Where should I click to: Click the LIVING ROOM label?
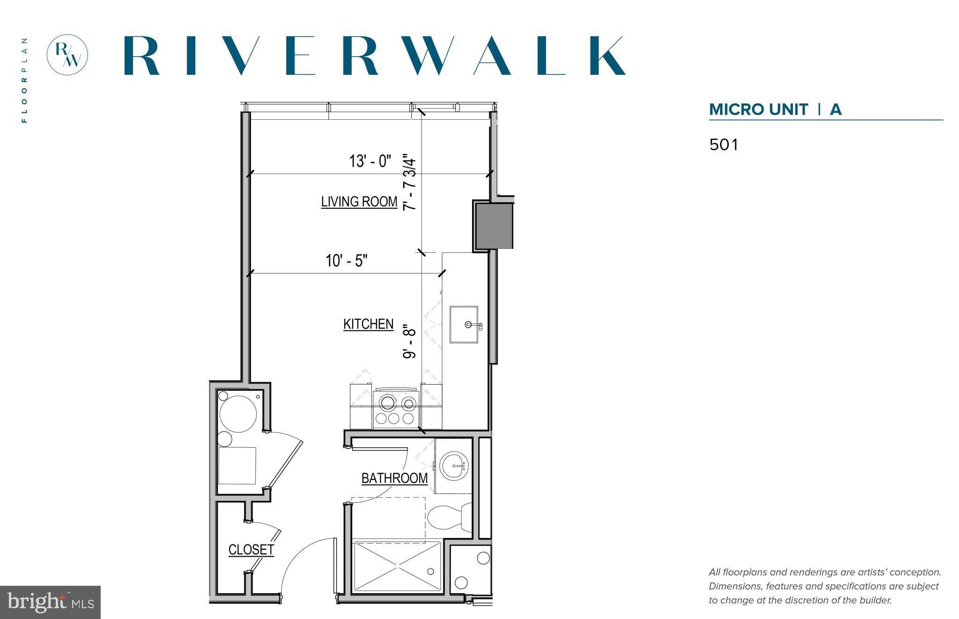359,202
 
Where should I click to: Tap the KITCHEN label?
368,324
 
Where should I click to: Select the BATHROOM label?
394,478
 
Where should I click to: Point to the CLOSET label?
251,549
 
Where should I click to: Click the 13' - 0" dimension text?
369,161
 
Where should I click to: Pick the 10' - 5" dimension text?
347,261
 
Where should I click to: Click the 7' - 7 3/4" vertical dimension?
409,183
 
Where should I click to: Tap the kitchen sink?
464,324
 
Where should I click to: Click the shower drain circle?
430,571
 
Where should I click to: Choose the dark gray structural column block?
494,226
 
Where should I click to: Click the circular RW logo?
67,55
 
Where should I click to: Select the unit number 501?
723,145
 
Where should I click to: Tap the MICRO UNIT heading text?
758,109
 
